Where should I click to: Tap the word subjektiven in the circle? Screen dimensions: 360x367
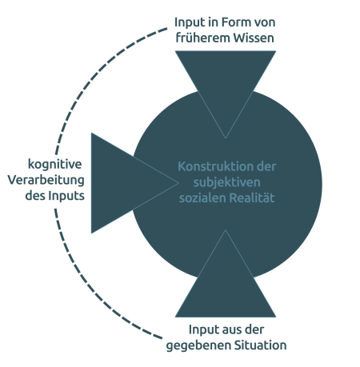pos(226,182)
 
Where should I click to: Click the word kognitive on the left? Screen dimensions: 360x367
pos(54,164)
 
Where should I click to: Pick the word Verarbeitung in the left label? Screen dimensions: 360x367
pos(46,180)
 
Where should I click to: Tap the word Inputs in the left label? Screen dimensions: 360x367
pos(66,196)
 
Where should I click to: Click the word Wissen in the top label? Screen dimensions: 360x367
pos(254,38)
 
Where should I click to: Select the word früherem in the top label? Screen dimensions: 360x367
pos(203,38)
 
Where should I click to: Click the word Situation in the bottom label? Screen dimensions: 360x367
pos(260,345)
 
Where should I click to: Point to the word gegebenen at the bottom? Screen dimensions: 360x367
pos(198,345)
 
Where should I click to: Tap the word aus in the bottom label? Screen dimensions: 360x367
pos(227,330)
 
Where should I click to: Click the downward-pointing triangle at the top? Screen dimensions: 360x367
pos(226,80)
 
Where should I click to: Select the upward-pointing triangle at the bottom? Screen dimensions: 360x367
pos(226,288)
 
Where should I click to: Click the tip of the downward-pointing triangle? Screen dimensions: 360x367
pos(226,138)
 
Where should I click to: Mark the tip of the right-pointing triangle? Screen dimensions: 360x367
pos(178,183)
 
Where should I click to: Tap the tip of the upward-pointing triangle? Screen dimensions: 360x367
pos(226,229)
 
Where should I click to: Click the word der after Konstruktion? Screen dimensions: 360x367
pos(266,167)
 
